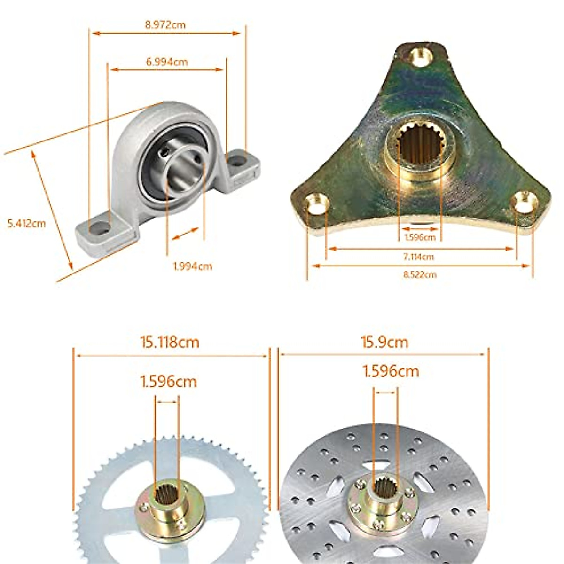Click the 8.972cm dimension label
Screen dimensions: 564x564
(165, 25)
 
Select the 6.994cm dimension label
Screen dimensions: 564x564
(166, 62)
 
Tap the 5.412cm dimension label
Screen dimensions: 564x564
(27, 223)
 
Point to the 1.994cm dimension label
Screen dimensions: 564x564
(193, 266)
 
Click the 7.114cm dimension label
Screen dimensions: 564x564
(418, 257)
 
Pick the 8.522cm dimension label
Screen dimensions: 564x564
(419, 274)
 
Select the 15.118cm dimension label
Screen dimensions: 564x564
(170, 342)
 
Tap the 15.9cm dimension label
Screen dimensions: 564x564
(384, 342)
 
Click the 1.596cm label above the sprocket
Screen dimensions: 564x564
(168, 381)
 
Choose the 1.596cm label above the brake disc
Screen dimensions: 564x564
(391, 371)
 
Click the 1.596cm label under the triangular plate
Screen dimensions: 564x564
(420, 237)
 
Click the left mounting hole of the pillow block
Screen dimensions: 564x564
(100, 229)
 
